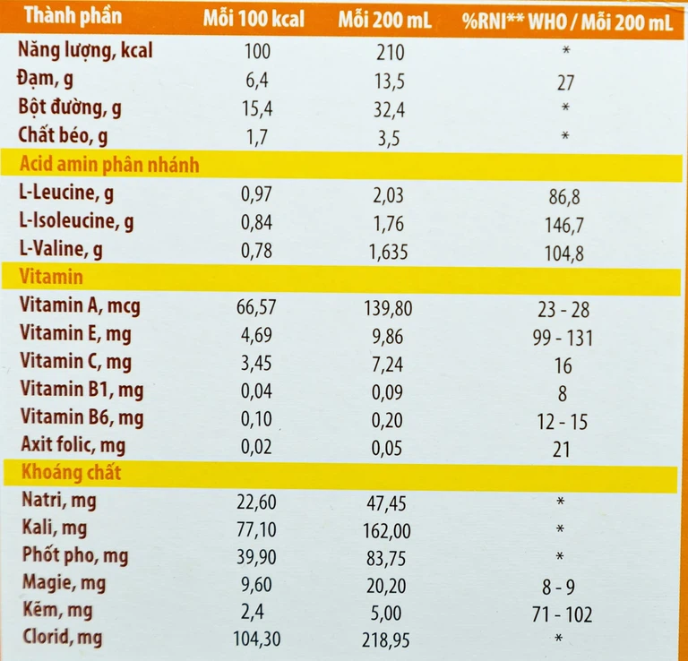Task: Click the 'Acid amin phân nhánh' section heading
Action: tap(108, 165)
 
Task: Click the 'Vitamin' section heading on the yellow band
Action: tap(50, 278)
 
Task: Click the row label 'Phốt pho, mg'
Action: tap(74, 556)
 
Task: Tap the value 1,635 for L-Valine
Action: tap(387, 252)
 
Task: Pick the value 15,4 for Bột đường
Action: tap(258, 108)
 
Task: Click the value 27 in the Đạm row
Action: tap(563, 83)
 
